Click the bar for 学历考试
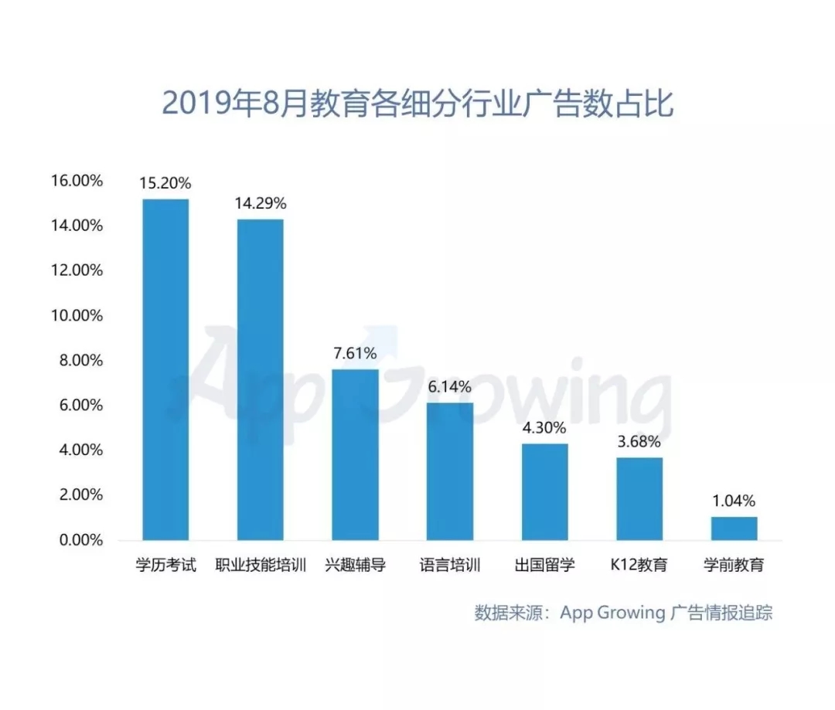(x=165, y=369)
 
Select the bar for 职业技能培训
(x=260, y=379)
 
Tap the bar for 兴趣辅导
(x=355, y=454)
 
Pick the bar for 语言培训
(x=450, y=471)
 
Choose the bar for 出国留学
(x=544, y=491)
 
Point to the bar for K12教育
(x=639, y=498)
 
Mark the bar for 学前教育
(x=734, y=528)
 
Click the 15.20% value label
(x=165, y=184)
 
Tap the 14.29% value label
(x=260, y=204)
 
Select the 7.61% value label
(x=355, y=354)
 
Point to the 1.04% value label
(x=734, y=501)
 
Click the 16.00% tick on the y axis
(x=77, y=181)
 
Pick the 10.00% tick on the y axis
(x=77, y=315)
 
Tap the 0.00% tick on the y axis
(x=80, y=540)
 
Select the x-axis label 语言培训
(x=450, y=565)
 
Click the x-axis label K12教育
(x=639, y=565)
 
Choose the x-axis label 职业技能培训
(x=260, y=565)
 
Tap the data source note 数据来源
(x=623, y=613)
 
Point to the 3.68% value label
(x=639, y=442)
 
